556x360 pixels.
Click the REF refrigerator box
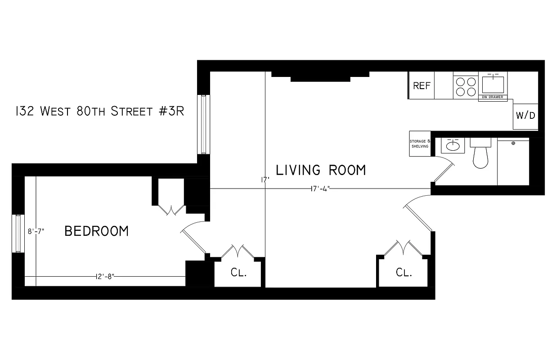point(421,85)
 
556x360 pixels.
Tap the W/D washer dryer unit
point(525,115)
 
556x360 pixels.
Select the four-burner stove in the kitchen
point(466,86)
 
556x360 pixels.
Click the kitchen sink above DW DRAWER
point(493,84)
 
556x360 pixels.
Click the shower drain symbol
point(513,143)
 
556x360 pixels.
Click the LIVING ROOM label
point(321,170)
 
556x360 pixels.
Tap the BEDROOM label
point(97,231)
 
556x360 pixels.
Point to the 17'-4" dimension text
point(320,189)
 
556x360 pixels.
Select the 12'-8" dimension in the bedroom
point(105,276)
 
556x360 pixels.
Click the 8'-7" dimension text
point(36,232)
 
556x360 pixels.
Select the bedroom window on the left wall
point(18,234)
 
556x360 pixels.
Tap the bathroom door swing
point(443,169)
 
